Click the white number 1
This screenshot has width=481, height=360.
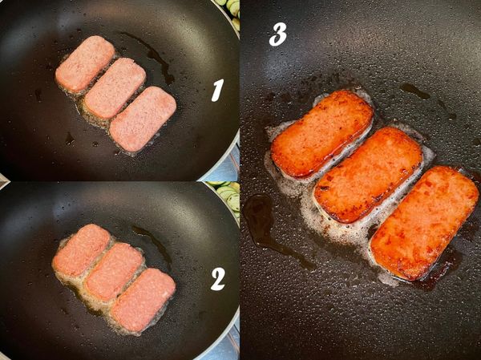[216, 91]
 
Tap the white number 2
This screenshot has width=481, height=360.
[217, 278]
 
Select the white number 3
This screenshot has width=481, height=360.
[278, 34]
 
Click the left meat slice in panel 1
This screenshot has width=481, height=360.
[85, 63]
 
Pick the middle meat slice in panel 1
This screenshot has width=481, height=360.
[115, 88]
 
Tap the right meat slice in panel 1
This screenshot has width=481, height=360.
[143, 118]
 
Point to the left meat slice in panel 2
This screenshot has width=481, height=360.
[81, 250]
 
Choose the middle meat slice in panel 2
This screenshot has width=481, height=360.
[113, 272]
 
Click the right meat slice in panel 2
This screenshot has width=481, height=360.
[143, 299]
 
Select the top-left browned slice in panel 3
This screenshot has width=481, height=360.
[321, 133]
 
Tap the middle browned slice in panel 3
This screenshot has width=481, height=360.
[368, 174]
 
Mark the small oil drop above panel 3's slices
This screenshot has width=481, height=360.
[414, 91]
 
